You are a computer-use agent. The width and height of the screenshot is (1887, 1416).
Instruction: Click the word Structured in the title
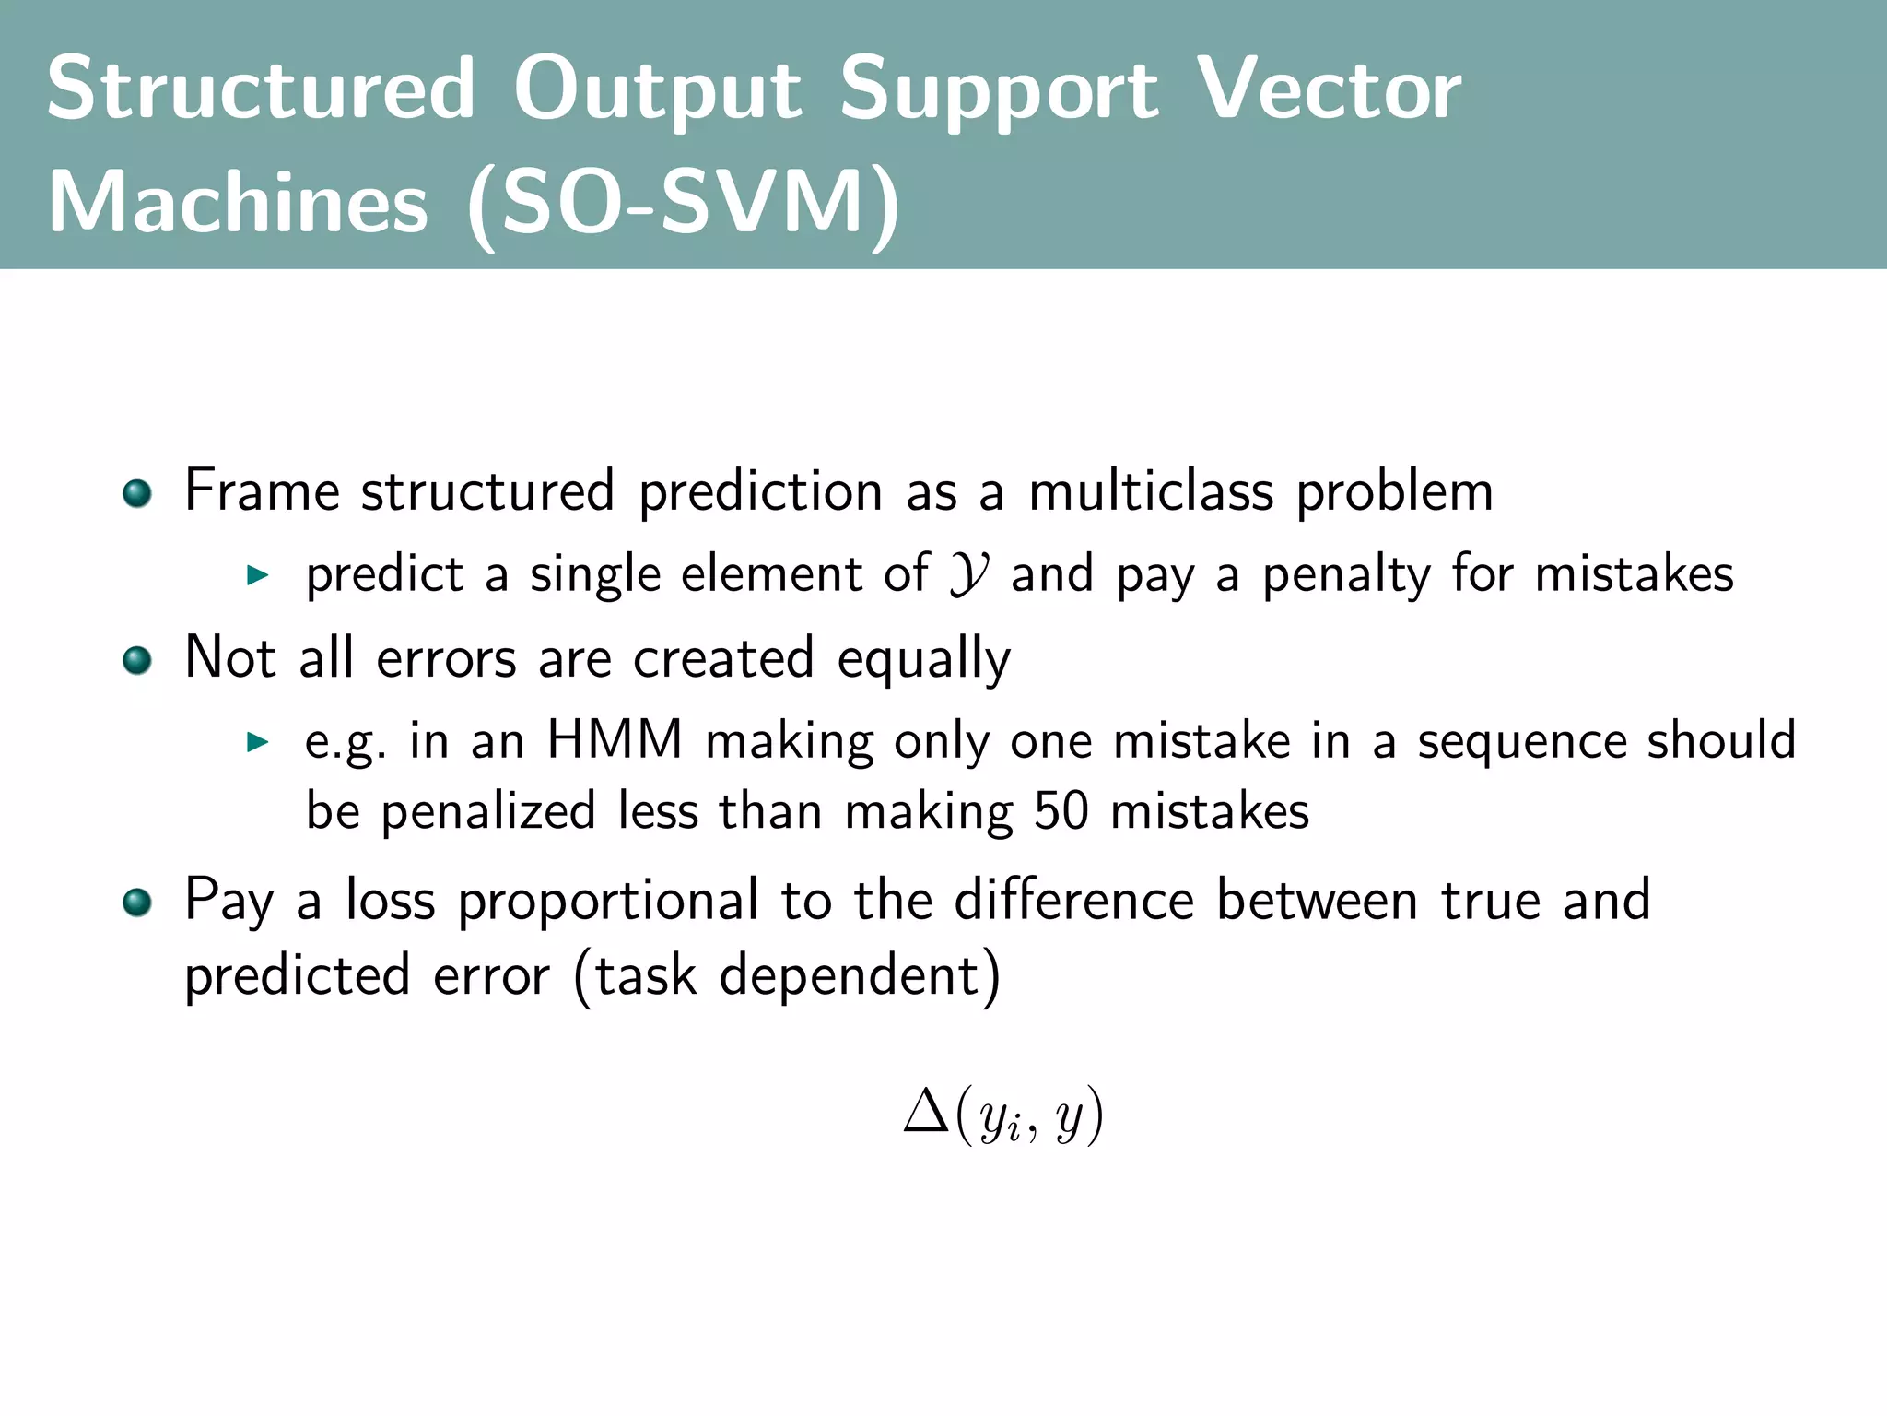pyautogui.click(x=261, y=88)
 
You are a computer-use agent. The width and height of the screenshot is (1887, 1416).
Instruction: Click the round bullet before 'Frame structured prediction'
pyautogui.click(x=137, y=493)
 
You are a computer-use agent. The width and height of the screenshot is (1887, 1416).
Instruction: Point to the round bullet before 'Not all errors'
pyautogui.click(x=137, y=660)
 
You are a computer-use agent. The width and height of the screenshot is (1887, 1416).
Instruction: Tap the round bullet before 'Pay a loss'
pyautogui.click(x=137, y=903)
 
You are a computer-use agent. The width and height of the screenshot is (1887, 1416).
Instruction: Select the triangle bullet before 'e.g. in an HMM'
pyautogui.click(x=257, y=743)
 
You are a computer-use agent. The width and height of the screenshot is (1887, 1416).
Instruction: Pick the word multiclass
pyautogui.click(x=1151, y=490)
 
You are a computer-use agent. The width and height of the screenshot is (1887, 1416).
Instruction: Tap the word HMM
pyautogui.click(x=615, y=740)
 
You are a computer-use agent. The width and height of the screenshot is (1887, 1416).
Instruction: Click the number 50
pyautogui.click(x=1061, y=812)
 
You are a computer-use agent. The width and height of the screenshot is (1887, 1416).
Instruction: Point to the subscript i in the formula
pyautogui.click(x=1014, y=1130)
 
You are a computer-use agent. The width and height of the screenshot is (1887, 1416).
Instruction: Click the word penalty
pyautogui.click(x=1346, y=575)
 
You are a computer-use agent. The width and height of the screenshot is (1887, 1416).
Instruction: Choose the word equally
pyautogui.click(x=923, y=660)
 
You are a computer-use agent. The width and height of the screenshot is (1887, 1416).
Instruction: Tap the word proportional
pyautogui.click(x=609, y=901)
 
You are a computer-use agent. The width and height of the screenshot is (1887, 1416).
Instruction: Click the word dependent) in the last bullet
pyautogui.click(x=859, y=976)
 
